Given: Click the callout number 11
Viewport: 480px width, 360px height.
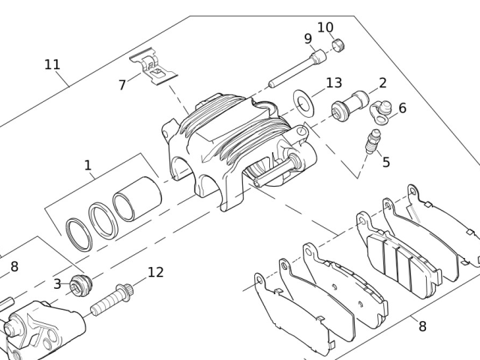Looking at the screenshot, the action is click(52, 64).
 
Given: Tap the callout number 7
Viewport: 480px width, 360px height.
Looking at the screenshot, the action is click(122, 85).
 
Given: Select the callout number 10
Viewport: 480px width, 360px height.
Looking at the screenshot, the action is click(325, 27).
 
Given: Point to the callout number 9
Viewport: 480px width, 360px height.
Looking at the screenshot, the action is click(308, 39).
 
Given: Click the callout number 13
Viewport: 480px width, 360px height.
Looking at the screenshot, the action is click(334, 82).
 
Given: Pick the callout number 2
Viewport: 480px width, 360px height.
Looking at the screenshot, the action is click(382, 83).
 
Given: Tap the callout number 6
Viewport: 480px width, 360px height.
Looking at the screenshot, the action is click(402, 108).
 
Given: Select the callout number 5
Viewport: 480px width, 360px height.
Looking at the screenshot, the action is click(386, 162).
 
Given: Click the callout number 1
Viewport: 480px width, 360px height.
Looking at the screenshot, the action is click(88, 165).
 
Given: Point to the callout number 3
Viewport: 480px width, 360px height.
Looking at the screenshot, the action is click(57, 284).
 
